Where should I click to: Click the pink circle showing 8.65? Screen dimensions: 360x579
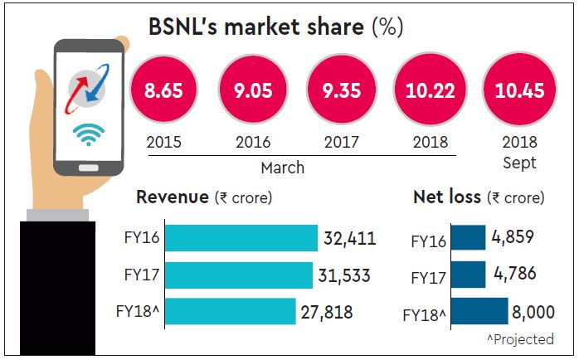[x=163, y=90]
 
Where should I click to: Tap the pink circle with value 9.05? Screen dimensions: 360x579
[x=251, y=90]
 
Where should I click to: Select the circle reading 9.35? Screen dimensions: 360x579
[x=340, y=90]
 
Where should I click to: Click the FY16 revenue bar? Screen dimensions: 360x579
[x=241, y=238]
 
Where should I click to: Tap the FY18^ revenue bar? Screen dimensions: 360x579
[x=230, y=311]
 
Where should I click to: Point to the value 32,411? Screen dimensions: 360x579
[x=349, y=239]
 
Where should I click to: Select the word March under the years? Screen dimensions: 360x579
[x=283, y=168]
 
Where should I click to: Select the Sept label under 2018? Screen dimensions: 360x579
[x=519, y=163]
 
